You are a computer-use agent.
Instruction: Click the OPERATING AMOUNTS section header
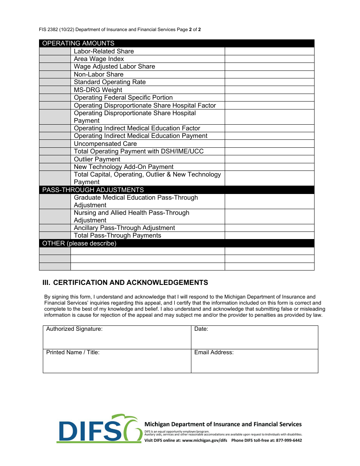click(78, 43)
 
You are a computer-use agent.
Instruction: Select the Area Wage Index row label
click(99, 59)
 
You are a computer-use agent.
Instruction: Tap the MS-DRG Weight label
click(98, 90)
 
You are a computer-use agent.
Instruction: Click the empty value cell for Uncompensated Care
click(269, 144)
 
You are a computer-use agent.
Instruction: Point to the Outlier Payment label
click(97, 159)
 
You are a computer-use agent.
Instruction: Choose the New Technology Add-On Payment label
click(124, 167)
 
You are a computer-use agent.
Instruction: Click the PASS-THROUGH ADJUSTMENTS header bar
click(93, 190)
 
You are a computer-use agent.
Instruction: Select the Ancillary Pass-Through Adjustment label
click(124, 228)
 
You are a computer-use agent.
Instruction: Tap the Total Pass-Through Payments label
click(117, 236)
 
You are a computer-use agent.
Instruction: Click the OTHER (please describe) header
click(79, 243)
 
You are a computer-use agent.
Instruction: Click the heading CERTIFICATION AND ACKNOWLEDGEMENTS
click(130, 283)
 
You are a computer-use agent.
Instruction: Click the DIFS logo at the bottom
click(99, 429)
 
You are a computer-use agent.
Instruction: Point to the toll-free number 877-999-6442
click(289, 440)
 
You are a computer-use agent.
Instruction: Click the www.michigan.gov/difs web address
click(205, 440)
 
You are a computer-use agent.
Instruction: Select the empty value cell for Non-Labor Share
click(269, 75)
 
